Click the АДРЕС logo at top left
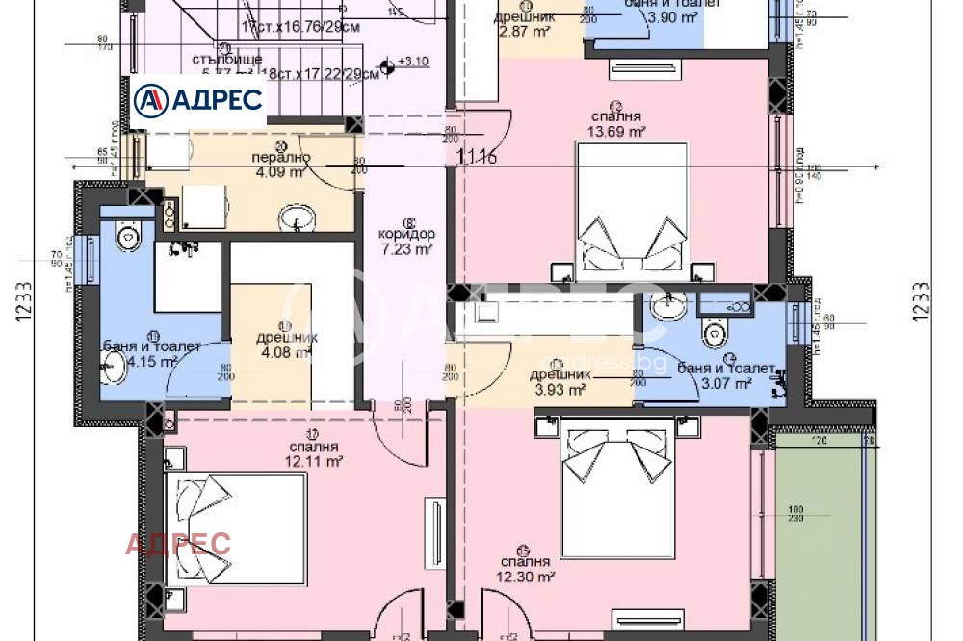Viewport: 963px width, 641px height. coord(198,99)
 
